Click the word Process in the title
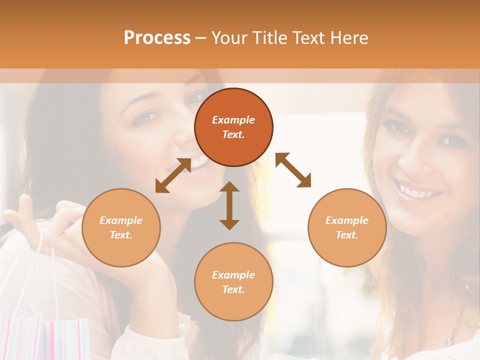[157, 38]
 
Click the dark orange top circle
[233, 127]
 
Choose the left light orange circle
[121, 227]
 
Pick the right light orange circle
[347, 227]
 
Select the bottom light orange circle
[233, 282]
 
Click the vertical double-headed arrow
[229, 205]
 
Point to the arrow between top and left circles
[173, 175]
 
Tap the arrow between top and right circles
[293, 170]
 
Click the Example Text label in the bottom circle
[233, 282]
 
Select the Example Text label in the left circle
[121, 227]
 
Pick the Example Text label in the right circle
[347, 227]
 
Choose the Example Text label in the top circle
[233, 127]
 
